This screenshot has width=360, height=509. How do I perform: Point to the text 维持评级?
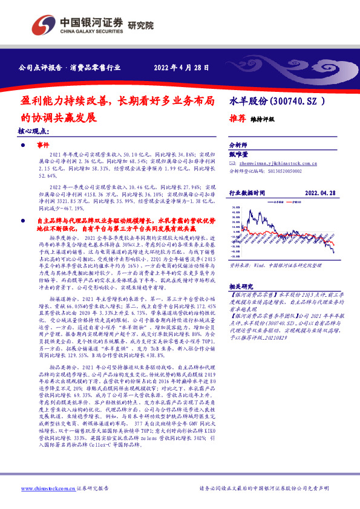(x=263, y=120)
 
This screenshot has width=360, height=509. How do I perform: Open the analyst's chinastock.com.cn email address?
(x=278, y=163)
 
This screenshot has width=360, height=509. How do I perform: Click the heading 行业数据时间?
(x=247, y=192)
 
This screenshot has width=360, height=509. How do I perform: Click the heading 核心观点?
(x=33, y=131)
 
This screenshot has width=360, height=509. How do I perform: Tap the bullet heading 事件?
(x=42, y=146)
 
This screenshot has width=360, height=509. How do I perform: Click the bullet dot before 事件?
(x=22, y=146)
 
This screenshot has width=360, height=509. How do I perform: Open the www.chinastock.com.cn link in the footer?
(x=42, y=488)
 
